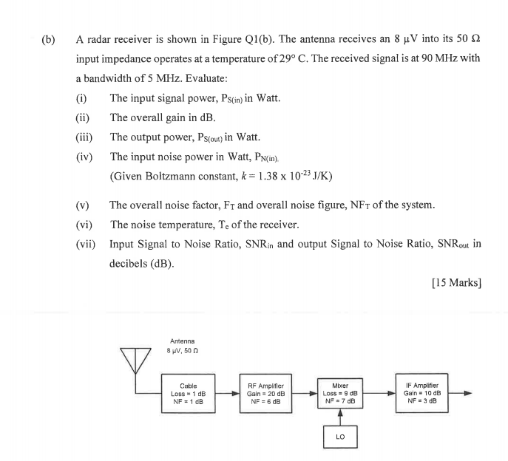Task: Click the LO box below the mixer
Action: coord(340,437)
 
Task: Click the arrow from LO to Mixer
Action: coord(340,417)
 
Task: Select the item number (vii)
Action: coord(86,242)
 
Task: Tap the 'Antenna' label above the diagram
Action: coord(183,341)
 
